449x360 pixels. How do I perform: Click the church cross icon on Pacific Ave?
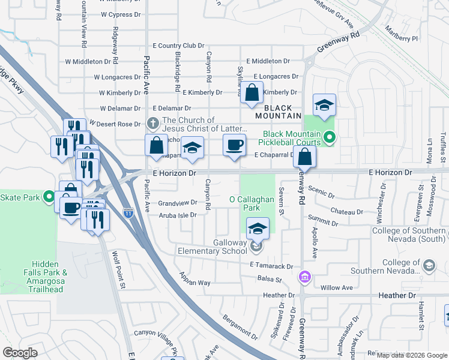(153, 124)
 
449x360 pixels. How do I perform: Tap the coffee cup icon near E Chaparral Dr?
(234, 145)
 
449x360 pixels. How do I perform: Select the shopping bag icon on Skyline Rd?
(253, 93)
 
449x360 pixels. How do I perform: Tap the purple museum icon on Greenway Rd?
(304, 277)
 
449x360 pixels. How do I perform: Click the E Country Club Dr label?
(179, 46)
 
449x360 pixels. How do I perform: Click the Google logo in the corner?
(20, 353)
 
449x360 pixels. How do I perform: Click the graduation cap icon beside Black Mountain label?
(324, 105)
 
